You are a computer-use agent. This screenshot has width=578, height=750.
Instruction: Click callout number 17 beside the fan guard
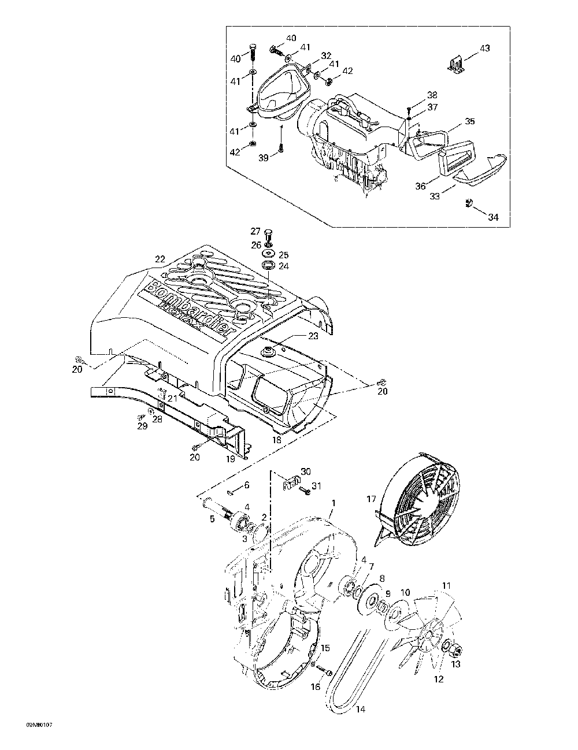pyautogui.click(x=371, y=499)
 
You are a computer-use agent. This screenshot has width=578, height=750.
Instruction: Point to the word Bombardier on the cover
pyautogui.click(x=191, y=306)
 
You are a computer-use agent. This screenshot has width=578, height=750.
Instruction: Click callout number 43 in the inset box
pyautogui.click(x=484, y=48)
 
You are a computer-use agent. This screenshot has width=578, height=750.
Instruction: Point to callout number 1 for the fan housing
pyautogui.click(x=332, y=503)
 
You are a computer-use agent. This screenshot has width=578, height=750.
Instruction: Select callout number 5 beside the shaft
pyautogui.click(x=212, y=519)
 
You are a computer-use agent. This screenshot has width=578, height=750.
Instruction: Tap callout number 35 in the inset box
pyautogui.click(x=469, y=122)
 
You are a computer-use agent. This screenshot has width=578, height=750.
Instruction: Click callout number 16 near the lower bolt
pyautogui.click(x=316, y=686)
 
